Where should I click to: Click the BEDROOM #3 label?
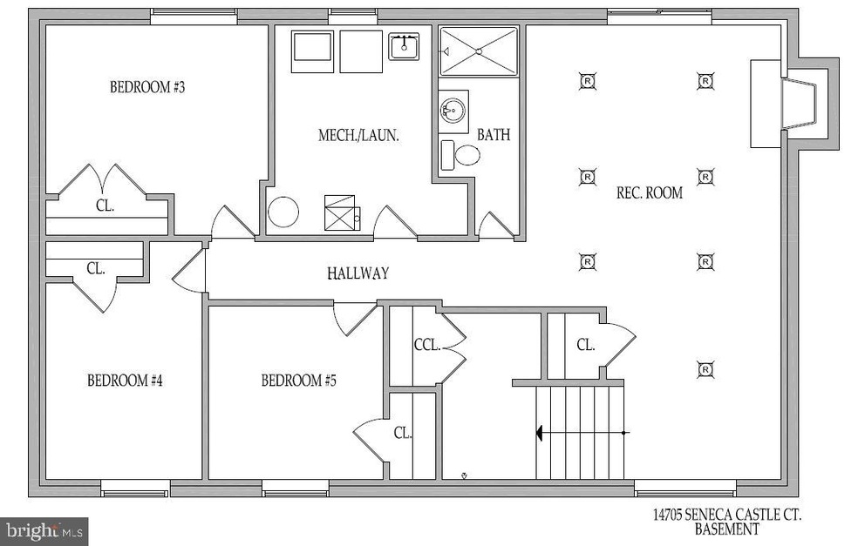(x=147, y=87)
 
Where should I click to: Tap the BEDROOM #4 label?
(x=125, y=381)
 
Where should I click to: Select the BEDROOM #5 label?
(x=299, y=381)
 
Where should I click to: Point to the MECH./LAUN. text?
(x=358, y=136)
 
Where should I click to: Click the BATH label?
(x=494, y=136)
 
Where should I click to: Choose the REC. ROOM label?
(x=650, y=192)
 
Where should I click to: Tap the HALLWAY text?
(x=357, y=273)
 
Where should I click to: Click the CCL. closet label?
(x=426, y=344)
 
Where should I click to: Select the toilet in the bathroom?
(x=461, y=156)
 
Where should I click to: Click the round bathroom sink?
(x=453, y=111)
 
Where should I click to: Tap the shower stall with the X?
(x=478, y=51)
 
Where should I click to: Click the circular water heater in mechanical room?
(x=283, y=212)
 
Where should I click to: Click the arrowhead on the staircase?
(x=541, y=431)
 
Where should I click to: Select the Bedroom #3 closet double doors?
(x=103, y=181)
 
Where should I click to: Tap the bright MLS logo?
(x=44, y=529)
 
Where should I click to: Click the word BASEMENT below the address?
(x=726, y=529)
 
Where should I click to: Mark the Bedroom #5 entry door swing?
(x=355, y=319)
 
